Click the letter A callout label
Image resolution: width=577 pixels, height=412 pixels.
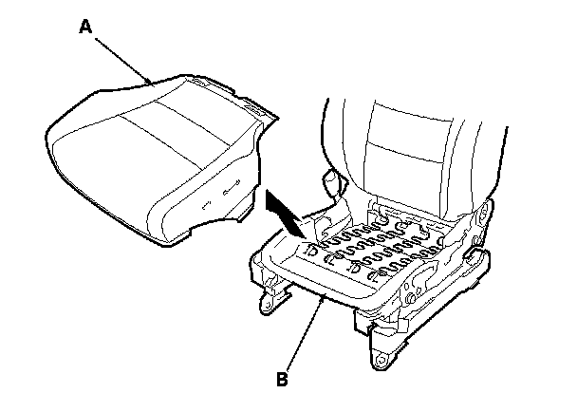(x=85, y=28)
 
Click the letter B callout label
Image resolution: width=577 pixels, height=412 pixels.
(x=282, y=379)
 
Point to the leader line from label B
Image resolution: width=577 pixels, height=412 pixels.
(x=305, y=336)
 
